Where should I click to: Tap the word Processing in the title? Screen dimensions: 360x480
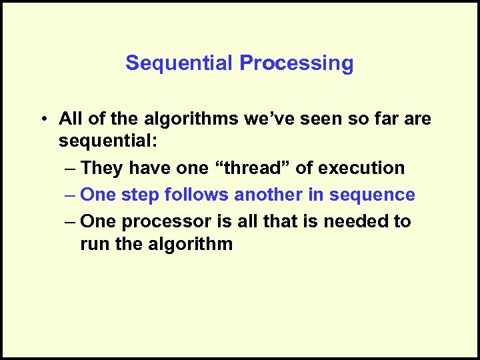tap(297, 63)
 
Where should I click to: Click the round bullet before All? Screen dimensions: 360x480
tap(43, 119)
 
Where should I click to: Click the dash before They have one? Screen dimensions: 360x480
tap(69, 169)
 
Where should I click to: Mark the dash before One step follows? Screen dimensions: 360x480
tap(69, 195)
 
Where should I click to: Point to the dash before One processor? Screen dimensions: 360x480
tap(69, 221)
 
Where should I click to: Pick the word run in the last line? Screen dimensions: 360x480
tap(93, 244)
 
